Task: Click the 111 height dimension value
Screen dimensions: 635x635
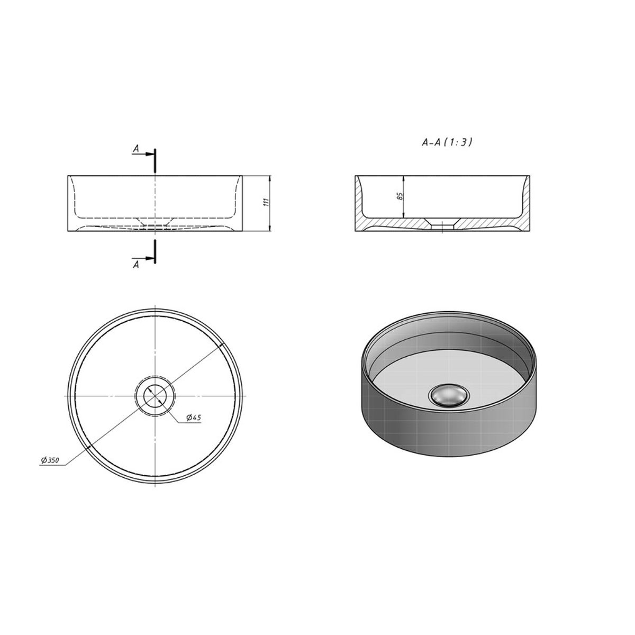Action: [x=267, y=202]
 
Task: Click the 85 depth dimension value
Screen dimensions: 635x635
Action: [x=400, y=196]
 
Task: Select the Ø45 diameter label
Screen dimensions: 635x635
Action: [x=194, y=418]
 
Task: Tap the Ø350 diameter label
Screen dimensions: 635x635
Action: [x=50, y=460]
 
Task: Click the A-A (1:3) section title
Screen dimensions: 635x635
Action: [x=447, y=142]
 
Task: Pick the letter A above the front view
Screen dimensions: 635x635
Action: [x=136, y=149]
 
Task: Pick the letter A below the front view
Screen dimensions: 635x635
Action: [x=136, y=265]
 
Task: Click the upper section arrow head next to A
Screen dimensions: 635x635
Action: [x=150, y=154]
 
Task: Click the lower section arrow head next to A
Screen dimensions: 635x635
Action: [x=150, y=258]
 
